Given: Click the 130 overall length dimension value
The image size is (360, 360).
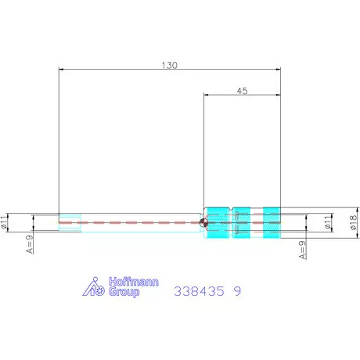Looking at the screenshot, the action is pyautogui.click(x=170, y=65).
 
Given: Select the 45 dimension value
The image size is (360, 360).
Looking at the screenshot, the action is pyautogui.click(x=242, y=91).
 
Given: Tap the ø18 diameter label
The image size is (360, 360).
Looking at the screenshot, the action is pyautogui.click(x=353, y=222).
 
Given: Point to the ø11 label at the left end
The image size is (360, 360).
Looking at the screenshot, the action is pyautogui.click(x=4, y=222).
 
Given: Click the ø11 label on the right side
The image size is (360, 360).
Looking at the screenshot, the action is pyautogui.click(x=328, y=222).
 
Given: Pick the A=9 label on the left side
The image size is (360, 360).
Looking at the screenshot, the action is pyautogui.click(x=30, y=244).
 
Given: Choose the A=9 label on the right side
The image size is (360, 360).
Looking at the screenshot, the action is pyautogui.click(x=302, y=250).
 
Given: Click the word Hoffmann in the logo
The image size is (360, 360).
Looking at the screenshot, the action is pyautogui.click(x=134, y=282).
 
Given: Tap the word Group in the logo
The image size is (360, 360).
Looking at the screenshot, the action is pyautogui.click(x=124, y=292).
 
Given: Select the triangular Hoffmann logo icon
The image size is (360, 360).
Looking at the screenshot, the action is pyautogui.click(x=94, y=287).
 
